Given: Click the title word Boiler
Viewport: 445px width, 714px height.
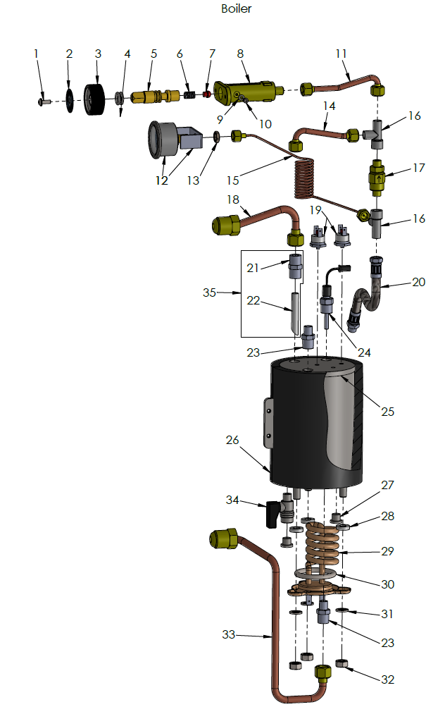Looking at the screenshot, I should [x=236, y=9].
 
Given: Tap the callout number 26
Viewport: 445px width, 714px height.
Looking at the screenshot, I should [x=232, y=440].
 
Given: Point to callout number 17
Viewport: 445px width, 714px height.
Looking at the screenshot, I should [x=418, y=170].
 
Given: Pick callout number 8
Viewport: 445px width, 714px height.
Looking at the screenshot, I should [x=240, y=54].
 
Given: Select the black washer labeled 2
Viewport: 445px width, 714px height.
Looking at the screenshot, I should [x=70, y=99].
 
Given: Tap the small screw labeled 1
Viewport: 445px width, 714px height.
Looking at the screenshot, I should [x=43, y=101].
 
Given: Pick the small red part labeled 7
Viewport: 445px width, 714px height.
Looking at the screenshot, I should [x=206, y=93].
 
